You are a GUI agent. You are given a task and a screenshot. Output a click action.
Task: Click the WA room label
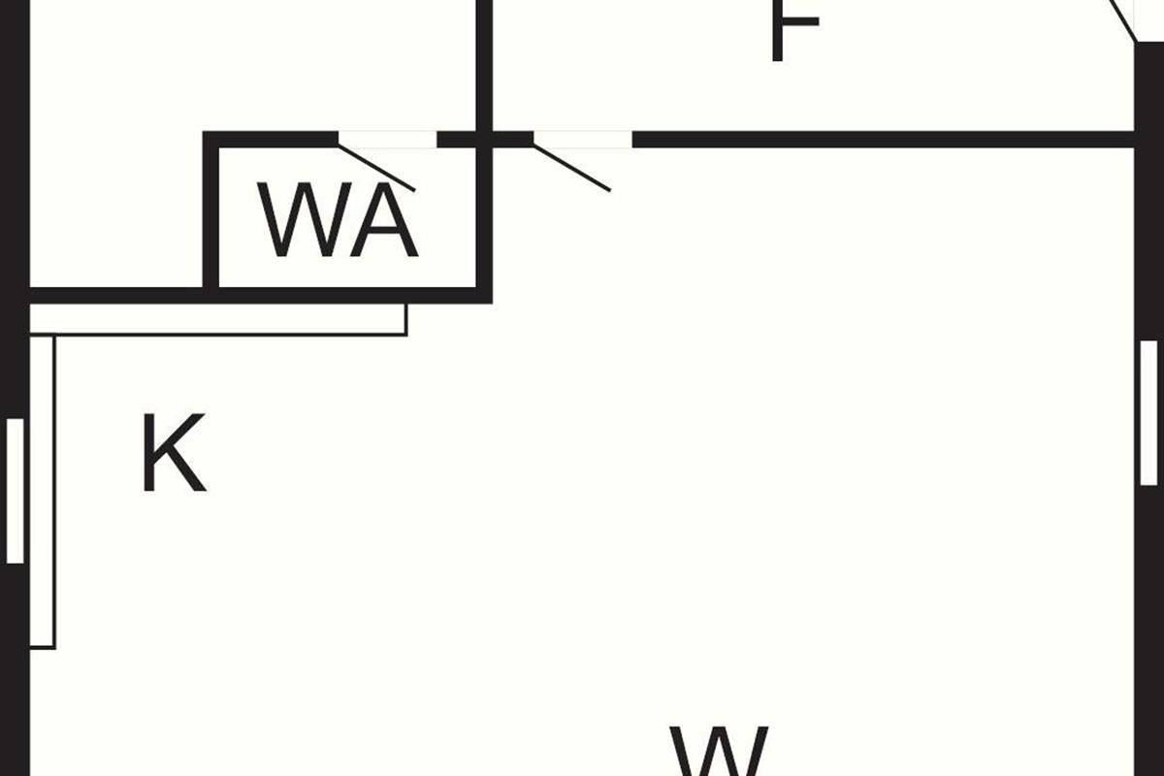(339, 221)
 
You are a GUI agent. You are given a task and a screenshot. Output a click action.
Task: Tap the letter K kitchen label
(173, 454)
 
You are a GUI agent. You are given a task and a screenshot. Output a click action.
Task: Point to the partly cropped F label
(793, 29)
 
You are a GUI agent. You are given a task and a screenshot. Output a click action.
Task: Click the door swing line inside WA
(377, 168)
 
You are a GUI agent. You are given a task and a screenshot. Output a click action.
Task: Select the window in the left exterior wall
(15, 490)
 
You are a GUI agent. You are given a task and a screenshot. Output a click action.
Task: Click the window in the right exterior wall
(1148, 412)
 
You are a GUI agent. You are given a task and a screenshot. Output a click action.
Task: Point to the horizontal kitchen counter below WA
(218, 320)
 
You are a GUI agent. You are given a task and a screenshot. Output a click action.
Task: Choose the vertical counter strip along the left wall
(43, 490)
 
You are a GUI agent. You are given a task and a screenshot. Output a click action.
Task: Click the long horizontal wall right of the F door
(883, 140)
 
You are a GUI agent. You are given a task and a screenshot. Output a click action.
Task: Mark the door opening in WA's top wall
(387, 140)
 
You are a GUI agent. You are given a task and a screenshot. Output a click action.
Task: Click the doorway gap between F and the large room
(582, 140)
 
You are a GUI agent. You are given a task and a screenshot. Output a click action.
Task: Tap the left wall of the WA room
(210, 213)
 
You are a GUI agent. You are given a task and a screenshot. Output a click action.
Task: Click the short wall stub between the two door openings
(484, 140)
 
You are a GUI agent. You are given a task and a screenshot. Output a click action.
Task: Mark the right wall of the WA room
(484, 223)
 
